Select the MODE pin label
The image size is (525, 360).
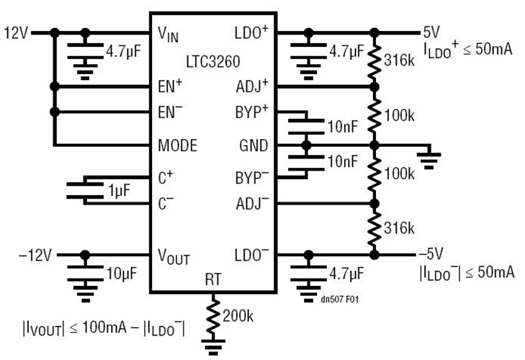(x=177, y=145)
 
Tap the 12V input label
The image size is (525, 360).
(x=16, y=32)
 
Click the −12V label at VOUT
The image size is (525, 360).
(x=34, y=254)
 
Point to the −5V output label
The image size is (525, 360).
(x=431, y=254)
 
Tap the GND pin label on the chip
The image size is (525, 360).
(x=253, y=145)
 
